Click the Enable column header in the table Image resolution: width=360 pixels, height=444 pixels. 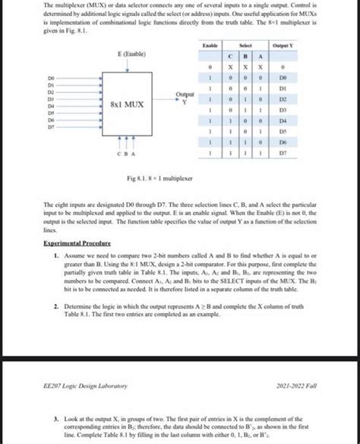click(x=210, y=47)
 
